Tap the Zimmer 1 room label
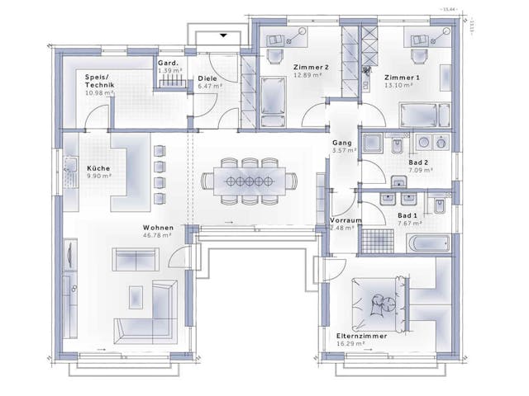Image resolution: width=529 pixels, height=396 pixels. pyautogui.click(x=402, y=77)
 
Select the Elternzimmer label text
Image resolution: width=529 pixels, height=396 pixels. pyautogui.click(x=360, y=337)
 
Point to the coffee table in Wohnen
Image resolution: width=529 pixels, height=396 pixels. pyautogui.click(x=136, y=295)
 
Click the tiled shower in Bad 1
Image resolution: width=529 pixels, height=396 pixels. pyautogui.click(x=374, y=242)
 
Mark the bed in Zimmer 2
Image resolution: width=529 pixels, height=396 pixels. pyautogui.click(x=271, y=96)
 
